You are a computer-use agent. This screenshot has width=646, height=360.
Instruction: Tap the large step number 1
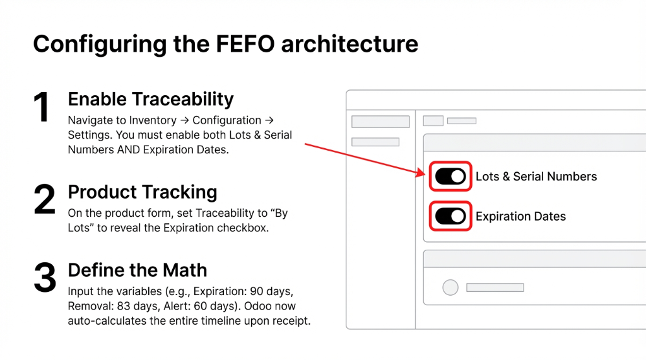click(x=42, y=108)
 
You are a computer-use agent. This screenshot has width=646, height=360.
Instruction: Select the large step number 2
click(x=44, y=200)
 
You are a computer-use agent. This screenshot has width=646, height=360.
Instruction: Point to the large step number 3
click(x=44, y=278)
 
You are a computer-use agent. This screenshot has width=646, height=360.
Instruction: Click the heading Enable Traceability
click(x=151, y=99)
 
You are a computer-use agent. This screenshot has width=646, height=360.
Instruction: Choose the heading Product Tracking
click(x=142, y=192)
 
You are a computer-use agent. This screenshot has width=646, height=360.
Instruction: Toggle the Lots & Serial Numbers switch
click(x=450, y=177)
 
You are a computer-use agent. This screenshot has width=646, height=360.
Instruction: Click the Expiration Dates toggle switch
click(x=450, y=216)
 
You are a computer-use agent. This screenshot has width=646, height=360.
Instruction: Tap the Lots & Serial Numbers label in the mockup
click(x=536, y=177)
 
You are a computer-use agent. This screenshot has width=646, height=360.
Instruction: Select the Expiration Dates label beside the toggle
click(x=520, y=216)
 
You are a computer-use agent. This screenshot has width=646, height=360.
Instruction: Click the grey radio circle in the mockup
click(x=450, y=287)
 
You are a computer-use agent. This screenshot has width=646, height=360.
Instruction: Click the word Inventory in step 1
click(x=152, y=120)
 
